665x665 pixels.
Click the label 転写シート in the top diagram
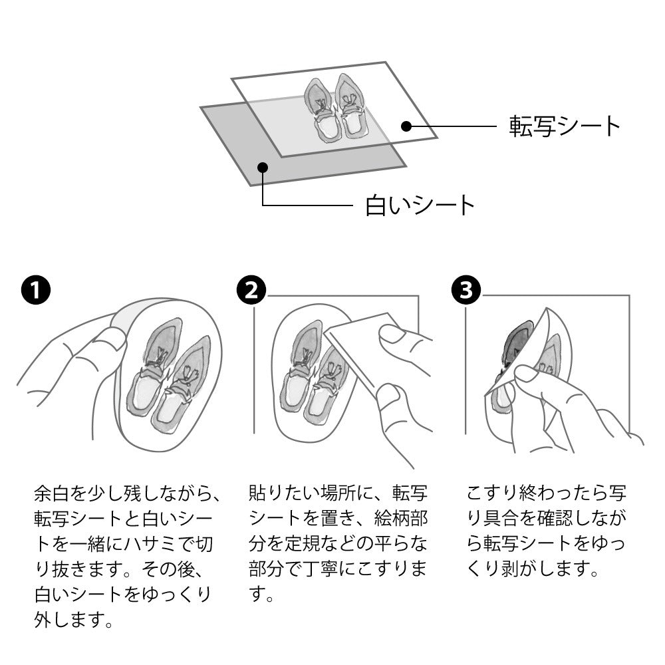565,126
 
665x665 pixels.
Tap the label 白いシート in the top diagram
420,205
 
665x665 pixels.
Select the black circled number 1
36,291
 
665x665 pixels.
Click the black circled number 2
251,291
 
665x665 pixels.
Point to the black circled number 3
466,291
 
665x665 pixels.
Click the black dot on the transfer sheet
406,126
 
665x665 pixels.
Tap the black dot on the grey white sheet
263,167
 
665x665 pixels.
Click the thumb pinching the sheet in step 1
108,338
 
